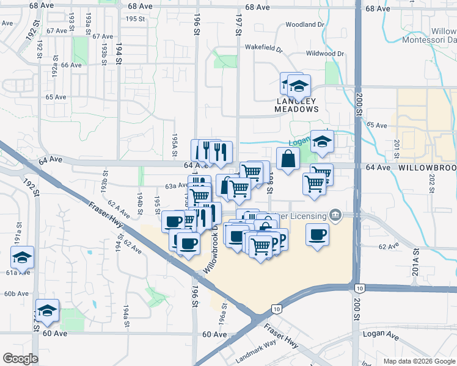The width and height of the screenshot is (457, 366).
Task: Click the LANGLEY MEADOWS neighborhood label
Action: click(x=298, y=105)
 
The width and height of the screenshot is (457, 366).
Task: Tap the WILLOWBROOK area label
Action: click(x=427, y=167)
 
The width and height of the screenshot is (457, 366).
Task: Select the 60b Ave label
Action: click(x=16, y=293)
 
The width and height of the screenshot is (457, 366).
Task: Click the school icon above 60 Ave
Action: click(x=47, y=310)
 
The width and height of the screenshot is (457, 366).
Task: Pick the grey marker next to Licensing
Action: click(x=335, y=215)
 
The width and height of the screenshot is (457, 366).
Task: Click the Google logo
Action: click(x=20, y=359)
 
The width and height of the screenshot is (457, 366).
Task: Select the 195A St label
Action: click(x=175, y=145)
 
